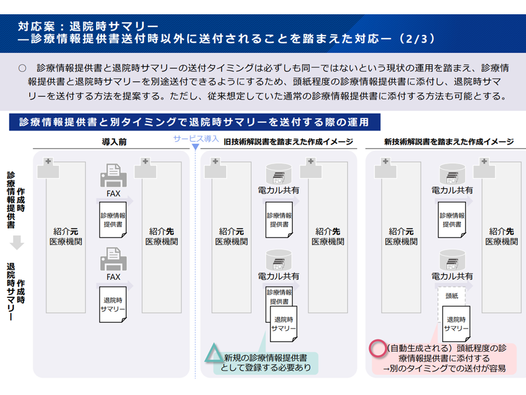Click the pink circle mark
(378, 348)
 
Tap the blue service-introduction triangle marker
(195, 147)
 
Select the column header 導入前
(114, 142)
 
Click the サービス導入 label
(196, 138)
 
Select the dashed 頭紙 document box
(451, 296)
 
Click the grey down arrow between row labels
(18, 242)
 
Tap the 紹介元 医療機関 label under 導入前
(66, 236)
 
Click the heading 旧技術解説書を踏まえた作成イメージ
(288, 142)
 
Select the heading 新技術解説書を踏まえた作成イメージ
(449, 142)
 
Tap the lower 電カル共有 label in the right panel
(452, 276)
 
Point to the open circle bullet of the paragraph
(22, 69)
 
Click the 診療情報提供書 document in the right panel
(452, 220)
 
